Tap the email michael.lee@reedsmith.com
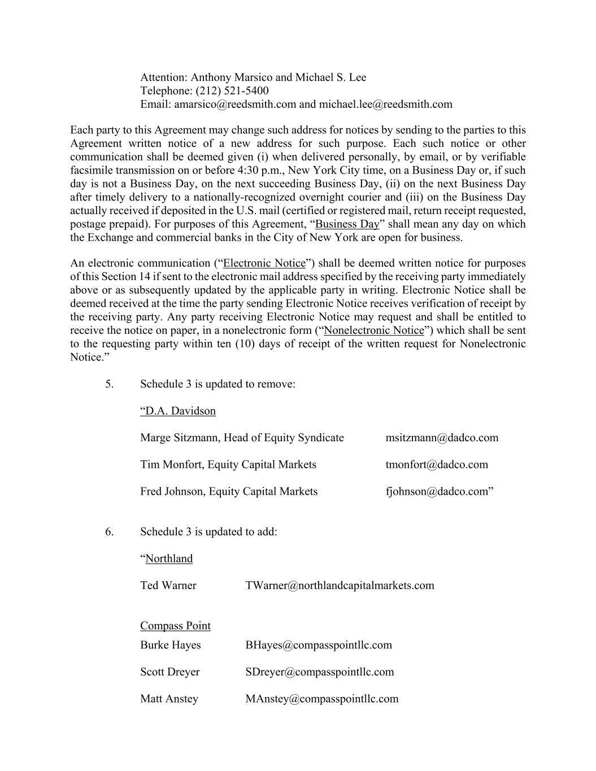pos(385,104)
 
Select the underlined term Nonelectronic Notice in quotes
pos(374,330)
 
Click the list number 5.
pos(109,384)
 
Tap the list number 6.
pos(109,532)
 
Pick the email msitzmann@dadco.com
pos(442,438)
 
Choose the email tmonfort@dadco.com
pos(437,465)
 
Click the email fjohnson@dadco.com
pos(437,491)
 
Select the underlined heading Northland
pos(169,559)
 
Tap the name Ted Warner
pos(168,586)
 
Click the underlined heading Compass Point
pos(175,626)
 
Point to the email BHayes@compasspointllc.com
pos(319,645)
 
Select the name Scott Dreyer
pos(170,672)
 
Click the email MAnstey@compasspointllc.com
pos(322,699)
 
